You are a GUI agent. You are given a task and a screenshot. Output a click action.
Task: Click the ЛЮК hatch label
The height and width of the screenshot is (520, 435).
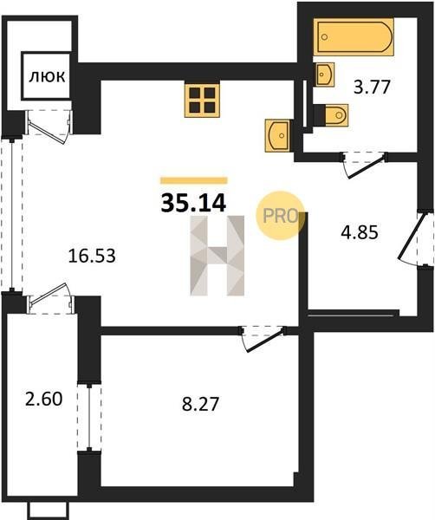click(x=47, y=77)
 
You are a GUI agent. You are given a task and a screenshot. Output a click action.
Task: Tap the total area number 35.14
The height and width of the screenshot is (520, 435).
click(x=193, y=203)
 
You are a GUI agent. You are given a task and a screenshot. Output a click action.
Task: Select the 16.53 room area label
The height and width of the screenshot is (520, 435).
click(x=92, y=256)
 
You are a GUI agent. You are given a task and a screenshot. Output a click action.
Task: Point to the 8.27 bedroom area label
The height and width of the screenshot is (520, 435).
click(x=200, y=404)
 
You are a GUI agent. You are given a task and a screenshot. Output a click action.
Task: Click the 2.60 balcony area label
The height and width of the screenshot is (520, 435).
click(x=44, y=399)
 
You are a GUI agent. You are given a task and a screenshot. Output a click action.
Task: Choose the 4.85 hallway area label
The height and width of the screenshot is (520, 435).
click(x=360, y=232)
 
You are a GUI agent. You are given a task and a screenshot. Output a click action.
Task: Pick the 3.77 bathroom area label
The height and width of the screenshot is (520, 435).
click(x=371, y=88)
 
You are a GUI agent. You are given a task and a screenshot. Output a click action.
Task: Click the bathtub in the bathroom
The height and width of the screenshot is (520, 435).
click(x=354, y=36)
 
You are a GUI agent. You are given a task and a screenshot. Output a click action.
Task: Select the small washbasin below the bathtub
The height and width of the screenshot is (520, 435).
click(x=325, y=74)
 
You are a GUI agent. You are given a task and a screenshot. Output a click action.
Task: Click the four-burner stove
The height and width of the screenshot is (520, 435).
click(x=202, y=101)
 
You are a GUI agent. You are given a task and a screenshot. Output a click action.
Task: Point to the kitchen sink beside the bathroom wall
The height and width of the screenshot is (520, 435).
click(x=278, y=135)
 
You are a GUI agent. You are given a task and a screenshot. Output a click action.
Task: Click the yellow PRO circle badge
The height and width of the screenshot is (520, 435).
click(x=280, y=216)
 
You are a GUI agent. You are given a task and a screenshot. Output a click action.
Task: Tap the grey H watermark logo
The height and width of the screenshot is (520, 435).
click(x=217, y=256)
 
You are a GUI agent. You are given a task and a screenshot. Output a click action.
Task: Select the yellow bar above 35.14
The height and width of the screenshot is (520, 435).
click(x=194, y=180)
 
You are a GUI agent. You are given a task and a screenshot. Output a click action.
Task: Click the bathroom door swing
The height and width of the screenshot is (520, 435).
click(x=365, y=166)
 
